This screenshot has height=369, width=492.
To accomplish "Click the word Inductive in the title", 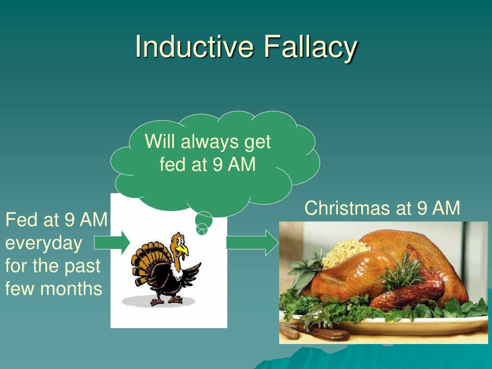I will point(195,47).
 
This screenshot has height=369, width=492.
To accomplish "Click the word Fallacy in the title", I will point(310,47).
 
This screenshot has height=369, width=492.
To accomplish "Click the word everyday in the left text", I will point(44,243).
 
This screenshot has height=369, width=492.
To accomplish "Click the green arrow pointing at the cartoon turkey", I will point(111,243).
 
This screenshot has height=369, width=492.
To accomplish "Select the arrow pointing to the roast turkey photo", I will point(252,243).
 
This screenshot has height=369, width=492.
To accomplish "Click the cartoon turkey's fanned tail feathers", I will point(144,262).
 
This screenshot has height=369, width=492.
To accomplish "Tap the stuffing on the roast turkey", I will point(344,252).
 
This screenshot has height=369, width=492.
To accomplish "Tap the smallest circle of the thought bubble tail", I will point(201,232).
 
